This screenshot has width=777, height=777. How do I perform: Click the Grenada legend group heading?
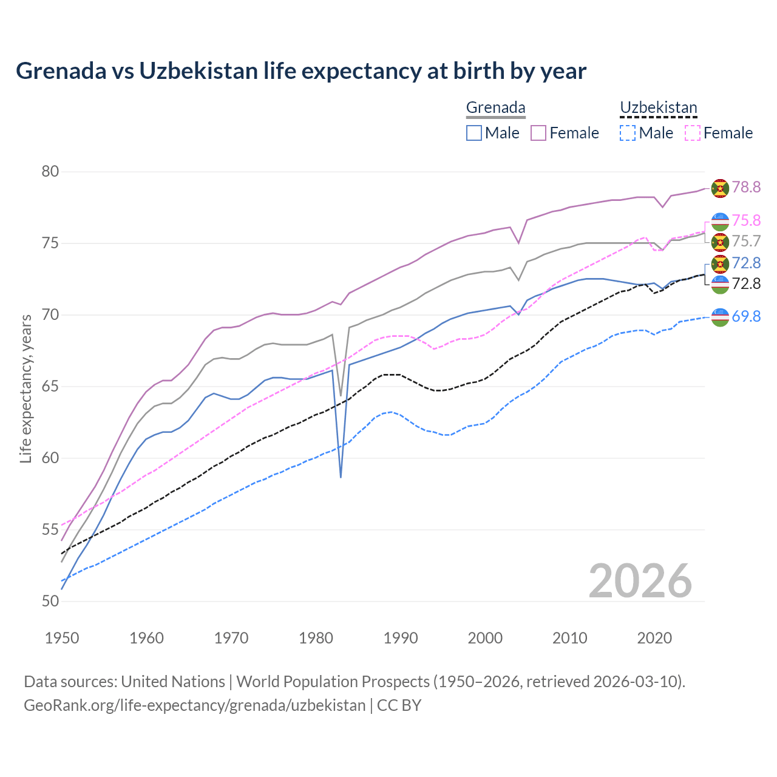click(495, 108)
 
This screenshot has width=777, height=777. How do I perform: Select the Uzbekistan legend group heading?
click(658, 108)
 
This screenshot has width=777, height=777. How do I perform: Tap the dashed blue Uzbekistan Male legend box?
click(628, 133)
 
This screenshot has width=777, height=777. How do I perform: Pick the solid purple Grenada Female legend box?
click(538, 133)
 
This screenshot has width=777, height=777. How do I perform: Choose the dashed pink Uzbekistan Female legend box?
click(693, 133)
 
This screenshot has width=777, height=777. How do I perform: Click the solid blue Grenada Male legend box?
click(474, 133)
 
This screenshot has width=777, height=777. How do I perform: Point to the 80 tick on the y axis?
click(50, 172)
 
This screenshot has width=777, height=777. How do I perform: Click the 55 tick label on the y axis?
click(50, 530)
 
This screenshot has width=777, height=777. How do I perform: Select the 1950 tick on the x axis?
click(62, 638)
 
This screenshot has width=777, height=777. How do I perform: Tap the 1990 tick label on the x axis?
click(401, 638)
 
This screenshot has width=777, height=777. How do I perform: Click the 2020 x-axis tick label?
click(654, 638)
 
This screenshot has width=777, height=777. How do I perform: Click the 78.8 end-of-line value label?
click(746, 187)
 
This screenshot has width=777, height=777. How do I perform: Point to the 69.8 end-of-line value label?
click(746, 316)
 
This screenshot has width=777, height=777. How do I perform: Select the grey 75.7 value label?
click(746, 242)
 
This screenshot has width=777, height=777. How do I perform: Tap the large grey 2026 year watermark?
click(640, 582)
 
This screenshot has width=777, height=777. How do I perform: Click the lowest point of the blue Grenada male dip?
click(341, 477)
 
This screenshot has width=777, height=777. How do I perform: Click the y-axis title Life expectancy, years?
click(25, 388)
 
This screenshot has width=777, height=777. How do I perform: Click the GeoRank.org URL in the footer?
click(194, 705)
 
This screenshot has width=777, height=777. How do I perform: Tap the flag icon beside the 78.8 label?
click(720, 188)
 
